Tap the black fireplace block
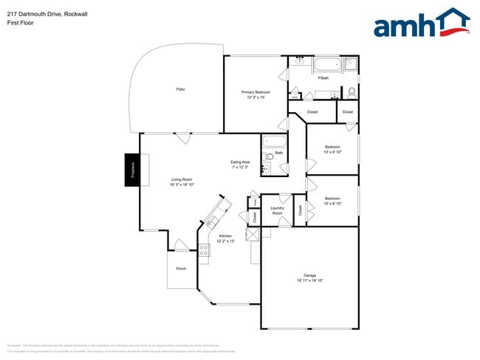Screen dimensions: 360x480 (134, 170)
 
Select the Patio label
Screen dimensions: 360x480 (180, 89)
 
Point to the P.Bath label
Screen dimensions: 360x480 (323, 78)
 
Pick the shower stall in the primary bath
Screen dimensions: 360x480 (351, 64)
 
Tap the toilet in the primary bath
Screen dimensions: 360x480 (352, 92)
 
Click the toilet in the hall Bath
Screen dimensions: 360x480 (270, 156)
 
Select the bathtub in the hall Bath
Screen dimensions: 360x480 (274, 142)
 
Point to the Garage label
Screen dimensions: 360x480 (310, 275)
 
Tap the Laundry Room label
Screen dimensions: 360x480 (278, 210)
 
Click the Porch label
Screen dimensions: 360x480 (181, 268)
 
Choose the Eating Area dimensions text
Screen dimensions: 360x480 (241, 167)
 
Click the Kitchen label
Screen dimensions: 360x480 (225, 236)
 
